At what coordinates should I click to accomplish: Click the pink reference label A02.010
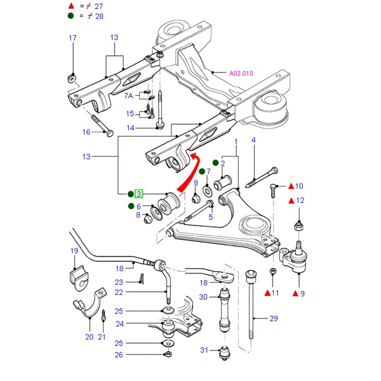click(x=241, y=73)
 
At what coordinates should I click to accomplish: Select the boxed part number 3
click(x=139, y=194)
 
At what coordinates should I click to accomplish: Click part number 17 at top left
click(x=72, y=38)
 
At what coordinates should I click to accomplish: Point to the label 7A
click(x=129, y=96)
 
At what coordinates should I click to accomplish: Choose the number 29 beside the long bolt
click(x=273, y=319)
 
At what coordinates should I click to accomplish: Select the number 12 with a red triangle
click(x=300, y=201)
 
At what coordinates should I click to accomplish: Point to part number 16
click(x=86, y=132)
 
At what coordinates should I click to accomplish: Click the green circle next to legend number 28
click(x=71, y=16)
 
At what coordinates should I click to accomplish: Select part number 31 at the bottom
click(x=204, y=350)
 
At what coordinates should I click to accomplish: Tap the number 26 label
click(x=119, y=354)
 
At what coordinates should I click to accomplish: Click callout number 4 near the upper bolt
click(x=253, y=140)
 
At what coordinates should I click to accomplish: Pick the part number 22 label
click(x=119, y=292)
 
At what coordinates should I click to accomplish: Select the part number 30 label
click(x=204, y=297)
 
